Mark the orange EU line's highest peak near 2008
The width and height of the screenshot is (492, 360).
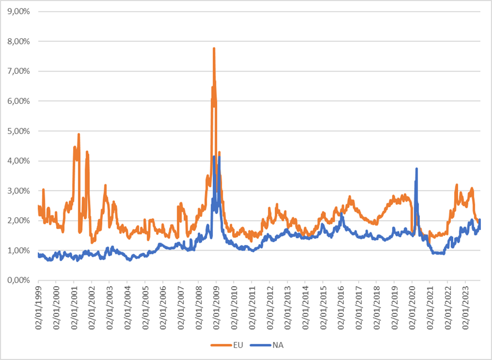coord(214,48)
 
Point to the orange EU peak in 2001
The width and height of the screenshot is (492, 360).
coord(79,134)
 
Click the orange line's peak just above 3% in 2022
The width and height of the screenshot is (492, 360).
coord(456,184)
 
